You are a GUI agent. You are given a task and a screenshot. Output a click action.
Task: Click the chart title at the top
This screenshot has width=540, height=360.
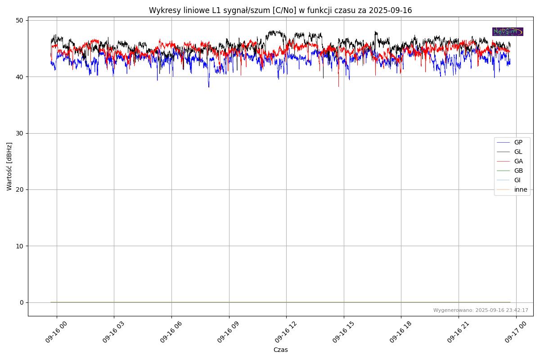pos(280,10)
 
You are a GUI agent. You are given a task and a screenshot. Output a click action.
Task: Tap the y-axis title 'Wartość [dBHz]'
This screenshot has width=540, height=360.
pos(9,166)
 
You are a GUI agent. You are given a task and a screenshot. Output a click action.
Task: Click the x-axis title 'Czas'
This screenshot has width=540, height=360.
pos(280,350)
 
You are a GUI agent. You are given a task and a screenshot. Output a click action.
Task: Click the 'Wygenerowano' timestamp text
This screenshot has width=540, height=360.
pos(481,310)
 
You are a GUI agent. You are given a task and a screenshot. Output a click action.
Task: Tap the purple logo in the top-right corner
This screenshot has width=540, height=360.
pos(508,31)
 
